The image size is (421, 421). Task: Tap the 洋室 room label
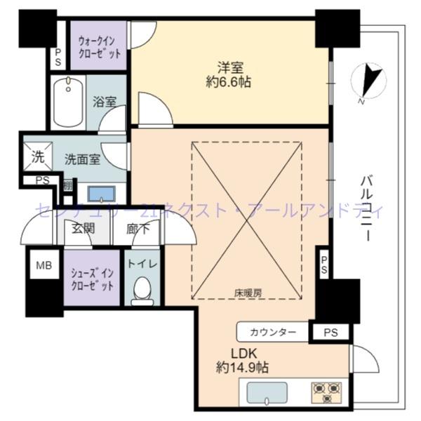pyautogui.click(x=229, y=67)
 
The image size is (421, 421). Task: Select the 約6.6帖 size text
pyautogui.click(x=229, y=82)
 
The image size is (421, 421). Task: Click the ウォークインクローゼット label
pyautogui.click(x=99, y=46)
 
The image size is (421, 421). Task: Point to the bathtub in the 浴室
pyautogui.click(x=68, y=102)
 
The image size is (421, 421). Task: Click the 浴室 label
pyautogui.click(x=105, y=102)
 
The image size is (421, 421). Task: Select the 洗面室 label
pyautogui.click(x=82, y=159)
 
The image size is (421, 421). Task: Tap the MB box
pyautogui.click(x=44, y=265)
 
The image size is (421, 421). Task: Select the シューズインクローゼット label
pyautogui.click(x=93, y=276)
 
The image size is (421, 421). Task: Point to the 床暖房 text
pyautogui.click(x=246, y=290)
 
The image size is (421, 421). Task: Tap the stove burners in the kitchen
pyautogui.click(x=326, y=391)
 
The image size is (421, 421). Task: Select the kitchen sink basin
pyautogui.click(x=268, y=392)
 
